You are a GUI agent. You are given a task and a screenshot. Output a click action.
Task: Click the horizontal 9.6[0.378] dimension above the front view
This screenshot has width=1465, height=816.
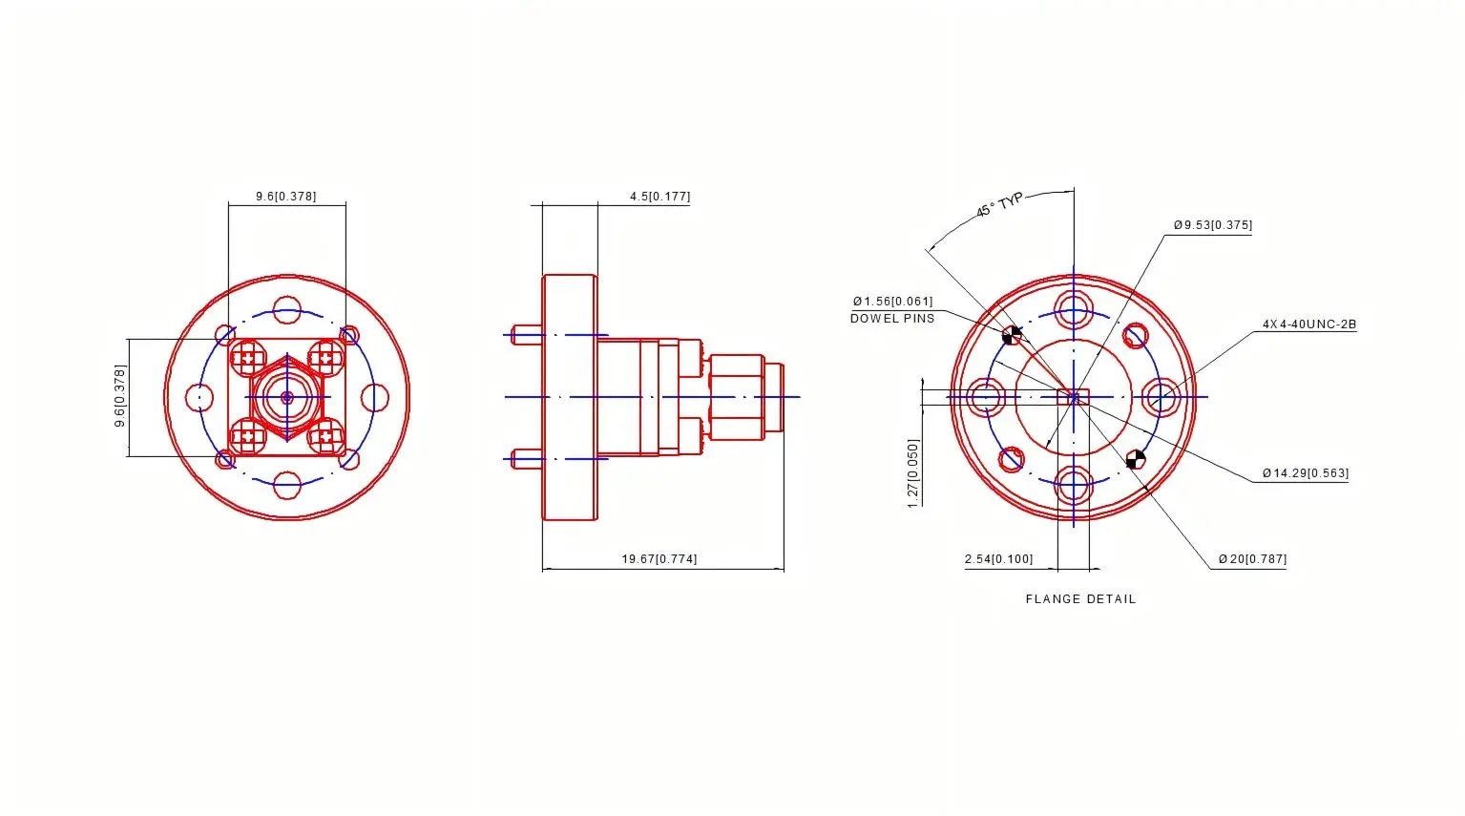(x=285, y=197)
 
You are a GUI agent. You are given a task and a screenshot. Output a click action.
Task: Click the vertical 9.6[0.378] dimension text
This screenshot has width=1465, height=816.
(x=120, y=396)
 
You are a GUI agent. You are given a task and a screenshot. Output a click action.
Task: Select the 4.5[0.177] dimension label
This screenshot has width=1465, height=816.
(x=659, y=197)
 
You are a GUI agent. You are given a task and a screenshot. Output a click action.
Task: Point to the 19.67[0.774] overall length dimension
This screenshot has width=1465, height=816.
(x=659, y=559)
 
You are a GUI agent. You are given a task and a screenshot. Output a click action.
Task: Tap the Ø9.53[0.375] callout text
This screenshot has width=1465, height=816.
(x=1212, y=225)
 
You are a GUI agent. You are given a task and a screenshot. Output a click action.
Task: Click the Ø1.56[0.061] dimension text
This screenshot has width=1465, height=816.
(x=892, y=302)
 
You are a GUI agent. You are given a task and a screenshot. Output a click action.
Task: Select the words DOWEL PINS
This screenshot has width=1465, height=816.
(x=892, y=319)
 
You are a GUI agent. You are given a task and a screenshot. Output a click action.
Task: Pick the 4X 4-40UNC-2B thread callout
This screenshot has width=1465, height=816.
(x=1308, y=324)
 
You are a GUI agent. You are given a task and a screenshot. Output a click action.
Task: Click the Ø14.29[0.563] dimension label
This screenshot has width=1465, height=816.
(x=1305, y=473)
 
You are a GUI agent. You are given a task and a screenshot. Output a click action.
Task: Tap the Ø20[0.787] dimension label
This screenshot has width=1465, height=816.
(x=1251, y=559)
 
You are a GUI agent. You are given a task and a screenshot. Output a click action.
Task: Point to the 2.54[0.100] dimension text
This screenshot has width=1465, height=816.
(x=998, y=559)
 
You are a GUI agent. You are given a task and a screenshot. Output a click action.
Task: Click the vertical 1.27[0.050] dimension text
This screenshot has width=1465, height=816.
(x=913, y=473)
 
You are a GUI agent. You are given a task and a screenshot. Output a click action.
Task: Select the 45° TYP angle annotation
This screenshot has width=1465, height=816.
(x=999, y=204)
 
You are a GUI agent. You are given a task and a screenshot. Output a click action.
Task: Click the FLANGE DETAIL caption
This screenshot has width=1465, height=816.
(x=1080, y=599)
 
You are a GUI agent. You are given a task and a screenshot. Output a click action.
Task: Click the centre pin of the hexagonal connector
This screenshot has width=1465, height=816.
(x=287, y=397)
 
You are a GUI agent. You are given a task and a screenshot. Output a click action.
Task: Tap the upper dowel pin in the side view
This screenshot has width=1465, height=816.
(x=528, y=334)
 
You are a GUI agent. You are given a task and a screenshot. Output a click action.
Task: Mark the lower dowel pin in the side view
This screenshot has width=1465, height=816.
(x=528, y=460)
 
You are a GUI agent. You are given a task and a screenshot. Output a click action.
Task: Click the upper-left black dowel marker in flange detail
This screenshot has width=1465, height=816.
(x=1012, y=335)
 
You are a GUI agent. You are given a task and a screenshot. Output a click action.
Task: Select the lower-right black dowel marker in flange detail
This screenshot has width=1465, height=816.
(x=1136, y=460)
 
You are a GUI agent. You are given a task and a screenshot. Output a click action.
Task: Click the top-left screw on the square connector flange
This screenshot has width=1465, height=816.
(x=249, y=359)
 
